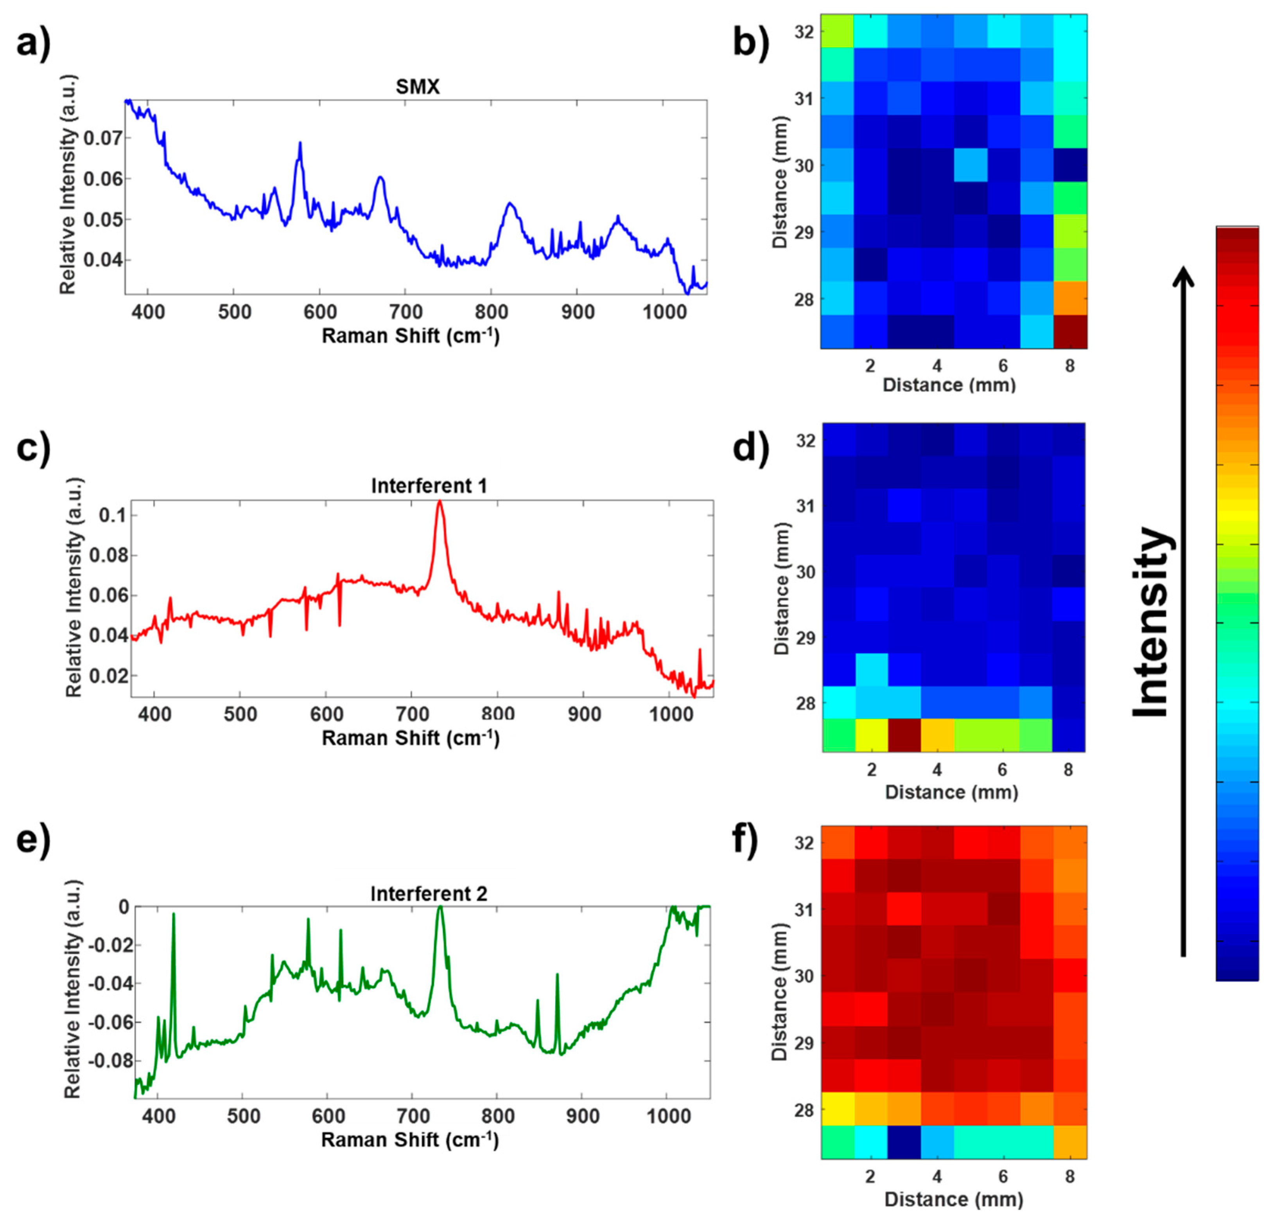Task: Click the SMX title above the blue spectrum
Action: point(417,86)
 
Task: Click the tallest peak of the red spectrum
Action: point(440,502)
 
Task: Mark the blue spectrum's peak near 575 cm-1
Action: point(300,144)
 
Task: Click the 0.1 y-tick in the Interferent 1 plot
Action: point(111,516)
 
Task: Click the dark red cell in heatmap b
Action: point(1069,332)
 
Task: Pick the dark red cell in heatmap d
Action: point(905,735)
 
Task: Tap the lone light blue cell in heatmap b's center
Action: point(970,165)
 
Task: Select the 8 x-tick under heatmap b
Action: point(1069,366)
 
